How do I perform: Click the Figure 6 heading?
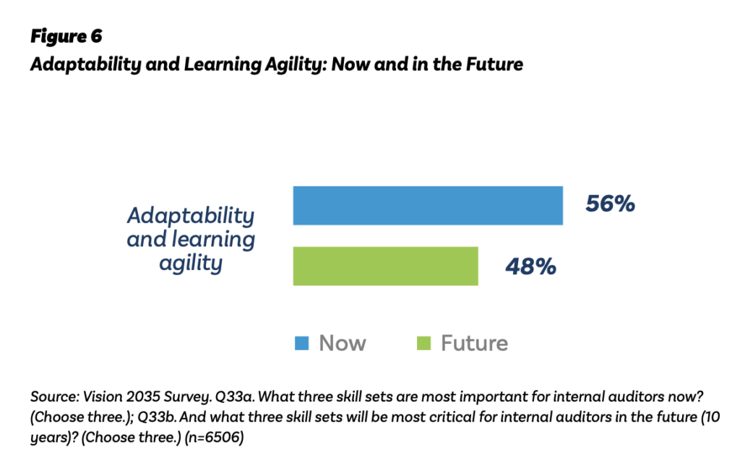coord(66,38)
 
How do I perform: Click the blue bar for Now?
coord(427,205)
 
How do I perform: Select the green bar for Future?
coord(385,266)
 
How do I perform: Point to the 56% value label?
coord(610,204)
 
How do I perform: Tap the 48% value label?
coord(530,266)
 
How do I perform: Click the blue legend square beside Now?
coord(302,342)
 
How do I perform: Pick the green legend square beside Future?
coord(424,342)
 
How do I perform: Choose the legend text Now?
coord(343,343)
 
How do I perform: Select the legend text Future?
coord(474,343)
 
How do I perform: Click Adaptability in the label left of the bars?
coord(191,215)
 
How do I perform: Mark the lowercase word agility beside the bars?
coord(191,263)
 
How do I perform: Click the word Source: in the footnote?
coord(52,397)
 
